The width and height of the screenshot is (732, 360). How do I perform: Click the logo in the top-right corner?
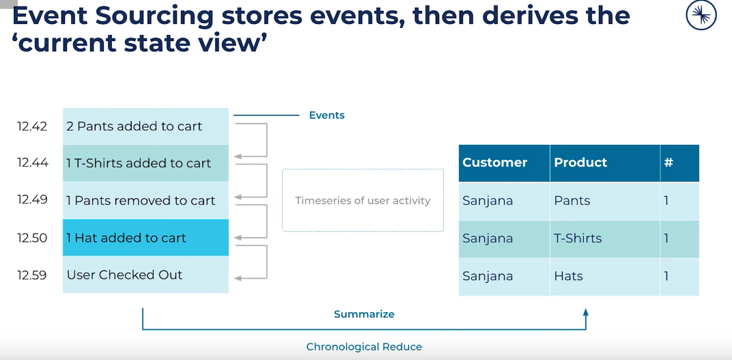pyautogui.click(x=701, y=16)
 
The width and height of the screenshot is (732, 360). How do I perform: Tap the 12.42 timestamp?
pyautogui.click(x=32, y=126)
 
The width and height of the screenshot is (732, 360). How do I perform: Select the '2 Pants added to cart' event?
pyautogui.click(x=134, y=126)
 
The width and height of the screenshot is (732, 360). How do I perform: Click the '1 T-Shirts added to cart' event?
pyautogui.click(x=139, y=163)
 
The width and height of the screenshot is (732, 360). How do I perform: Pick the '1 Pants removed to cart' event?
pyautogui.click(x=141, y=201)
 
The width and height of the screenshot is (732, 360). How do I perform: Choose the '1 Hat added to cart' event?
pyautogui.click(x=126, y=238)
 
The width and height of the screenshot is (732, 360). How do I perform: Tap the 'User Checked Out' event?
pyautogui.click(x=124, y=275)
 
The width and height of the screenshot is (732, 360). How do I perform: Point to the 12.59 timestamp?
pyautogui.click(x=32, y=275)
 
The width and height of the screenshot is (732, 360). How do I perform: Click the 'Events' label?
pyautogui.click(x=326, y=115)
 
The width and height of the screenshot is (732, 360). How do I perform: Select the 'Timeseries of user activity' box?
pyautogui.click(x=363, y=201)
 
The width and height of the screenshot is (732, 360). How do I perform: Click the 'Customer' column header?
pyautogui.click(x=495, y=163)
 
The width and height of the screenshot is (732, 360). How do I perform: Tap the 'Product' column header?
pyautogui.click(x=580, y=163)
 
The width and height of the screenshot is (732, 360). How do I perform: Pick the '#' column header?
pyautogui.click(x=668, y=163)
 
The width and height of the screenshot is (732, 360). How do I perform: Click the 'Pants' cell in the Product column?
pyautogui.click(x=572, y=201)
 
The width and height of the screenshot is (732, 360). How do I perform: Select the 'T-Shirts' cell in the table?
pyautogui.click(x=578, y=238)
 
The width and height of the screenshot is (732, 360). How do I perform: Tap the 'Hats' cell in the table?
pyautogui.click(x=568, y=276)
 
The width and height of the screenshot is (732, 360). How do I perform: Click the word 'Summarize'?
pyautogui.click(x=364, y=314)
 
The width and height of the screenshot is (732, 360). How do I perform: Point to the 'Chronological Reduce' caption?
pyautogui.click(x=364, y=347)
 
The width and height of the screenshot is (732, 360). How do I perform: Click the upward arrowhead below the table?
pyautogui.click(x=585, y=312)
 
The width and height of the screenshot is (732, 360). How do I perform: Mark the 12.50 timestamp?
pyautogui.click(x=32, y=238)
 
